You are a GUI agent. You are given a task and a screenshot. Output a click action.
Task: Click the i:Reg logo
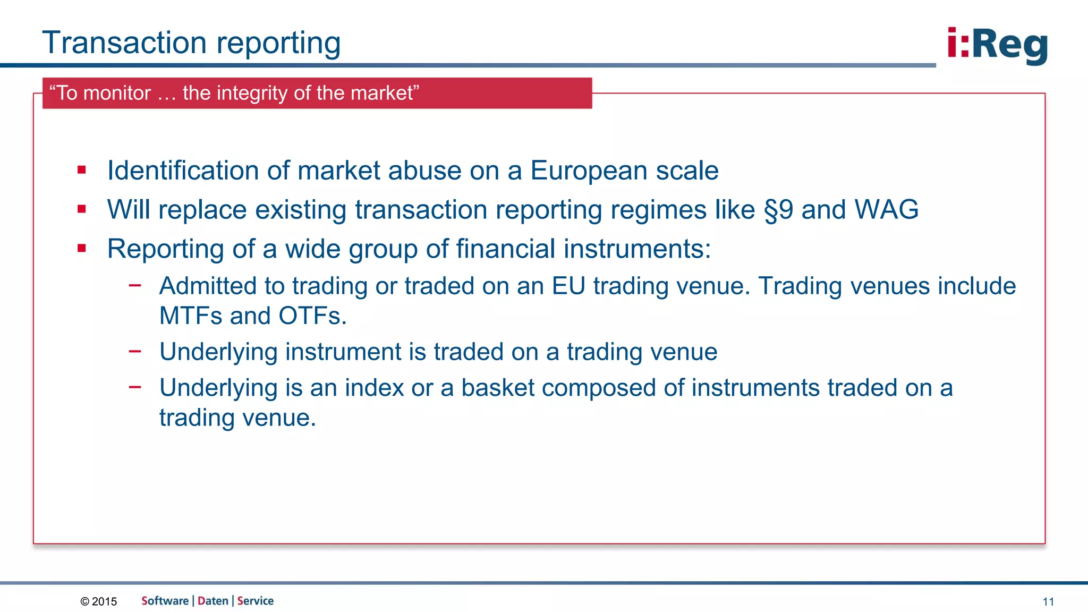[997, 46]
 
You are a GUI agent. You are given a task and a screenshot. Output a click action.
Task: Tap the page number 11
[1048, 601]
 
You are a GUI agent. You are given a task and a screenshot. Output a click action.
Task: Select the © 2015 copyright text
[99, 601]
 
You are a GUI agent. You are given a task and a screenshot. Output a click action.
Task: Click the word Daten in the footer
[212, 601]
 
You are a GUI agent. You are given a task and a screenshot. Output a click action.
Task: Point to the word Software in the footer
[165, 601]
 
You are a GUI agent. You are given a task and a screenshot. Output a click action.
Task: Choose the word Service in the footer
[256, 601]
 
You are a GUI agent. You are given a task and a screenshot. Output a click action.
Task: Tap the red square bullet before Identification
[82, 170]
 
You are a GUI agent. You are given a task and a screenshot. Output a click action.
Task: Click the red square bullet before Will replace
[82, 209]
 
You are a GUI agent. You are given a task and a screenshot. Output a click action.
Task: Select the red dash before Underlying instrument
[135, 351]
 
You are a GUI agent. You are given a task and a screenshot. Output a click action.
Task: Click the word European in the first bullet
[589, 171]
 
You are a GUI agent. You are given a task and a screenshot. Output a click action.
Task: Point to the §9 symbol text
[778, 209]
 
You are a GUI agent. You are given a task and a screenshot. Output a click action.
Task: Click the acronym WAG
[886, 209]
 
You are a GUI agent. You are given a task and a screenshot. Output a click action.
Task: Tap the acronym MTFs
[191, 316]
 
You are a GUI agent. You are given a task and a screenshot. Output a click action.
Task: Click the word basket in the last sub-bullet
[497, 387]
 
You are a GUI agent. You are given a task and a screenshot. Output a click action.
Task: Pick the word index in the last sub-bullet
[374, 387]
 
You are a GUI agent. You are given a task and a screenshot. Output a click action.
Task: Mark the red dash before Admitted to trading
[135, 285]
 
